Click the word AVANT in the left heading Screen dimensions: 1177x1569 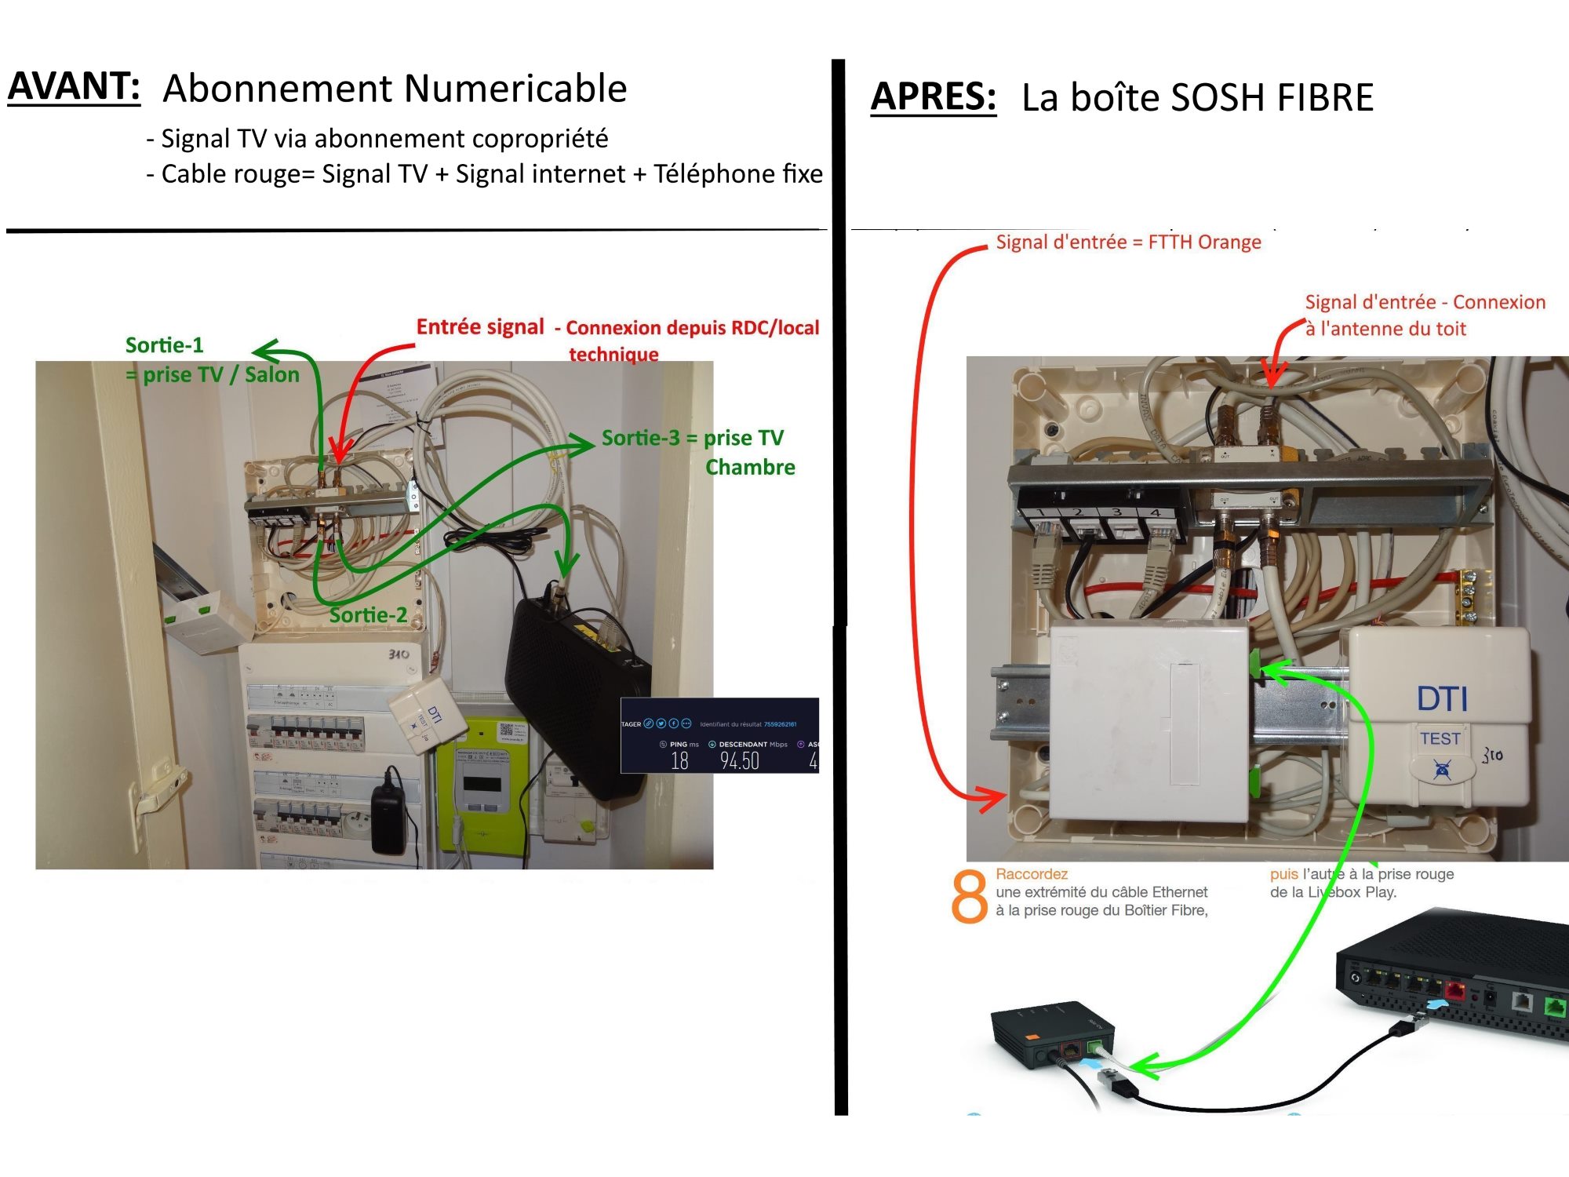point(74,86)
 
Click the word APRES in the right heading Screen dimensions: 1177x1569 point(933,97)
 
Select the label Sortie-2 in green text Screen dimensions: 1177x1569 point(368,615)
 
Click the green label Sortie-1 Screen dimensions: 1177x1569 point(164,345)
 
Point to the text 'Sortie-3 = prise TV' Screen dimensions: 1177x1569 point(692,438)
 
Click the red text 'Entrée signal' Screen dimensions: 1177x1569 point(479,327)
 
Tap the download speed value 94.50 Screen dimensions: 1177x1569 point(739,760)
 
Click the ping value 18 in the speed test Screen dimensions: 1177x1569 point(679,760)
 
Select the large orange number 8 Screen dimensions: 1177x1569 point(969,896)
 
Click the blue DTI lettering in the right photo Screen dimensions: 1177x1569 point(1442,698)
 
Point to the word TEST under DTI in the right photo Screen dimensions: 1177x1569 point(1440,738)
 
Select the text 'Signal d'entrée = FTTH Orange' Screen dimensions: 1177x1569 point(1128,242)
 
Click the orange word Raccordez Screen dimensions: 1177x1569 point(1031,874)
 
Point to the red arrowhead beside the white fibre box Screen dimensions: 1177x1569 point(992,798)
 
